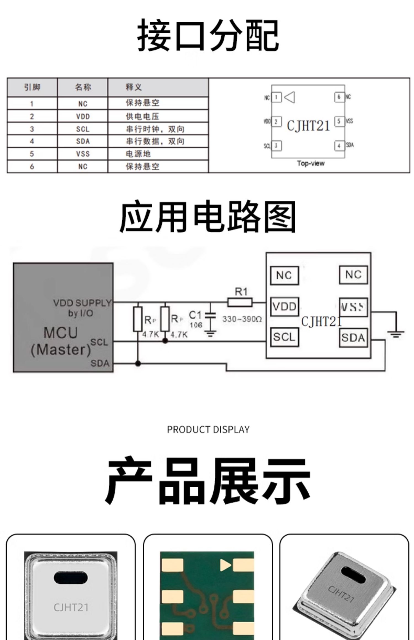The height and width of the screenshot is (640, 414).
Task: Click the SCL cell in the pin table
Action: [x=83, y=129]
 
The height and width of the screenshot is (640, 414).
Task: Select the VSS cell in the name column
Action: [x=83, y=154]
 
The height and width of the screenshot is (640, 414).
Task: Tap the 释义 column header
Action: [x=134, y=87]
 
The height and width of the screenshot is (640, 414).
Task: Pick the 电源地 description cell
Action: [x=138, y=154]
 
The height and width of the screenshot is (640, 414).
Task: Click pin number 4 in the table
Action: [x=32, y=141]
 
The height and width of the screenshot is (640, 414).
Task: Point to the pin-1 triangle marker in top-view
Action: [x=290, y=97]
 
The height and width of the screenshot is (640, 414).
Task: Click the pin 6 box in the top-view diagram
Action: [x=339, y=97]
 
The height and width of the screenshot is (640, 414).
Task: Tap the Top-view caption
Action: [x=310, y=163]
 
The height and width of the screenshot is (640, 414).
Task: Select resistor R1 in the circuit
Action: [x=240, y=302]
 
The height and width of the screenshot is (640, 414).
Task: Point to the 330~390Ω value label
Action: [x=242, y=319]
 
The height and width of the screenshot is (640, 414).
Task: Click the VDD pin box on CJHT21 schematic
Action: [x=284, y=306]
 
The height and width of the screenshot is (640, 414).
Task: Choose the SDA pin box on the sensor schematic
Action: [x=353, y=337]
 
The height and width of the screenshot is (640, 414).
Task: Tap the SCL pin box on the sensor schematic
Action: [x=284, y=337]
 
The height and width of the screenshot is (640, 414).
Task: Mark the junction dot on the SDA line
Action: [x=138, y=364]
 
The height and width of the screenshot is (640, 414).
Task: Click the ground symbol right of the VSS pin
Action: [x=396, y=334]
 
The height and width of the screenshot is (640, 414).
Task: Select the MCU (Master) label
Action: [x=61, y=341]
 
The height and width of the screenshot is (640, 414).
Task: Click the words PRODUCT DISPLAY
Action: [x=208, y=429]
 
